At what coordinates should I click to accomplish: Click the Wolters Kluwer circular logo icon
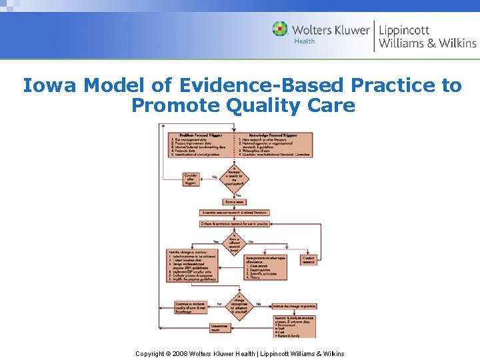[280, 29]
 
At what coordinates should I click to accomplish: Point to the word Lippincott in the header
[404, 29]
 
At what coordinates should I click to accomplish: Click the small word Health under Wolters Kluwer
[305, 41]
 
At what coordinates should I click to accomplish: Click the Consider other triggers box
[191, 179]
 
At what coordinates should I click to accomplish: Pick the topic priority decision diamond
[234, 177]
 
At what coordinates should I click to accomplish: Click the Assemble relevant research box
[234, 213]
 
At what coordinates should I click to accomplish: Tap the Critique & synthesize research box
[234, 224]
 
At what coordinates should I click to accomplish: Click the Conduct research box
[309, 259]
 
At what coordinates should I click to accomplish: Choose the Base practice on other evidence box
[265, 267]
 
